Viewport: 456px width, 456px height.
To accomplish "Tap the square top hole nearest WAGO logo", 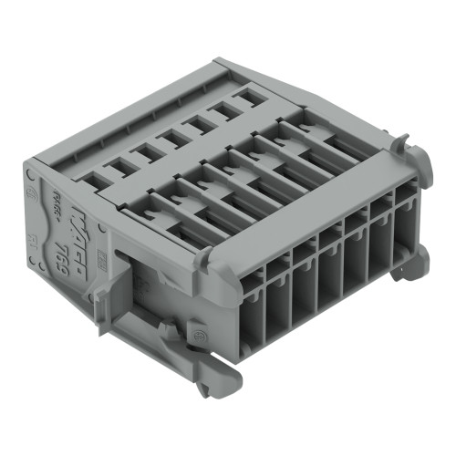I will pos(116,166).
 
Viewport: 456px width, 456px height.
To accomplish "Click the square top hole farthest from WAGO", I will pos(247,95).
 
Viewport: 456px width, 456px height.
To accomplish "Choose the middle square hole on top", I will pos(170,138).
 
